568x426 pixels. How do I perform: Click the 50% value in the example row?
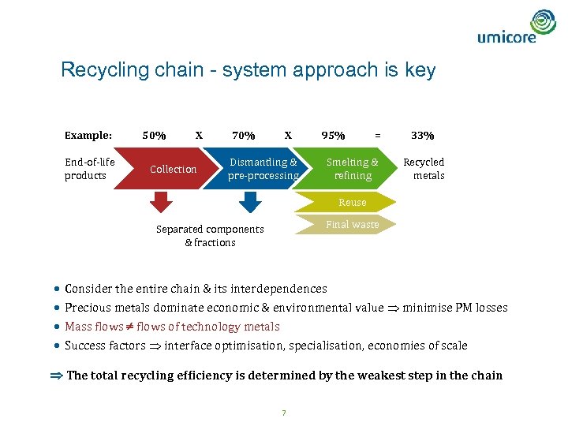tap(153, 135)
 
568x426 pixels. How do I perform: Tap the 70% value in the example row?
tap(243, 135)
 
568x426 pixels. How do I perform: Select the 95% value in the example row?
tap(332, 135)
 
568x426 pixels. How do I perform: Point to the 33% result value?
tap(422, 135)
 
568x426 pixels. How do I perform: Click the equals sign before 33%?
tap(377, 135)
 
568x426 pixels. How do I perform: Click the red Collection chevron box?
tap(169, 169)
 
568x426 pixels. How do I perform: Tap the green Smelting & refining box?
tap(352, 169)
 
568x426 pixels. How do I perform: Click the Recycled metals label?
tap(424, 169)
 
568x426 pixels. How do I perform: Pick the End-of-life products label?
tap(89, 169)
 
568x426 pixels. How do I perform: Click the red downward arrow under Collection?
tap(160, 204)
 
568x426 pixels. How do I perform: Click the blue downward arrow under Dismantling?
tap(249, 204)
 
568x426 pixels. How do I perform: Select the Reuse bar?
tap(352, 202)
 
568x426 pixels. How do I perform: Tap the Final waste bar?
tap(352, 224)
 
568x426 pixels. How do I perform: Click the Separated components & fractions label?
tap(210, 236)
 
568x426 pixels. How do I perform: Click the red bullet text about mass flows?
tap(172, 327)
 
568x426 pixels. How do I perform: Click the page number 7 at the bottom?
tap(283, 413)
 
